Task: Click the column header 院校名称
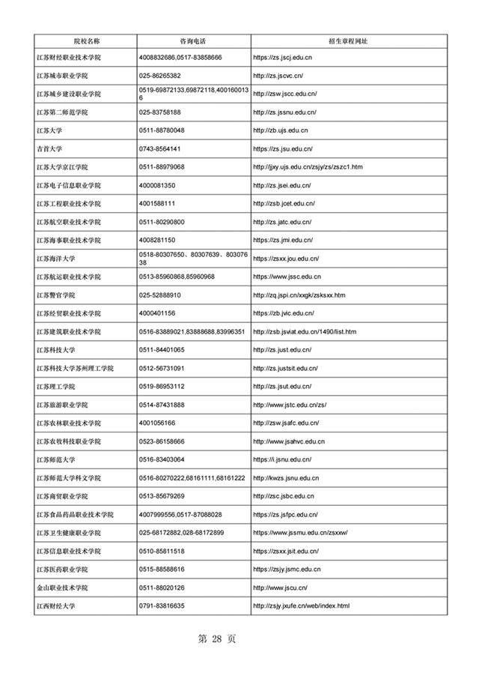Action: click(86, 39)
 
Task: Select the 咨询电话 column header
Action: click(193, 39)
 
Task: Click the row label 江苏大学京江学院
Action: click(68, 166)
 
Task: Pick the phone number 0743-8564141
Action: click(161, 148)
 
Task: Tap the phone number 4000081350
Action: click(157, 185)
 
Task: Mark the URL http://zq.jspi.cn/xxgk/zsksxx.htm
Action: click(299, 295)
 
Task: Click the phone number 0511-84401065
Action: click(162, 350)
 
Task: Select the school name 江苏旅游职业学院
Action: click(68, 405)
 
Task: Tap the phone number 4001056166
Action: click(157, 423)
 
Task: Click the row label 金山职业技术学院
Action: click(68, 587)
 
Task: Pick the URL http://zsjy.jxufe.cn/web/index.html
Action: click(302, 605)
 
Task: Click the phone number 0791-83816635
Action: click(162, 605)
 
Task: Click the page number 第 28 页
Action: click(216, 639)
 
